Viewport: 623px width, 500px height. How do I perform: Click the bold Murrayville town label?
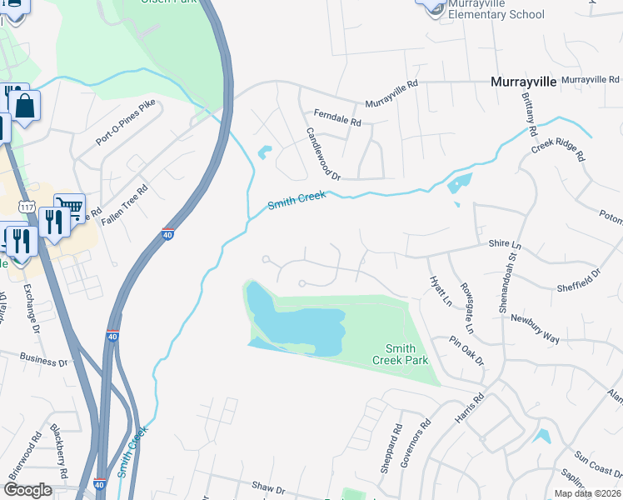[523, 82]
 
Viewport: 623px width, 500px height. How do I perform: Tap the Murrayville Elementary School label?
[496, 9]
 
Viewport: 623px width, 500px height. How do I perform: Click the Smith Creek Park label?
[406, 354]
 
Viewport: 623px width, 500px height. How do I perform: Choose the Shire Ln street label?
[504, 245]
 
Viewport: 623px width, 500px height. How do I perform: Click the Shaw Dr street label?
[268, 485]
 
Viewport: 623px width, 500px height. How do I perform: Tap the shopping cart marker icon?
[69, 206]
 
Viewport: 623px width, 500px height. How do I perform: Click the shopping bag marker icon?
[25, 107]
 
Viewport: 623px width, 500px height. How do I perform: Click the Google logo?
[27, 489]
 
